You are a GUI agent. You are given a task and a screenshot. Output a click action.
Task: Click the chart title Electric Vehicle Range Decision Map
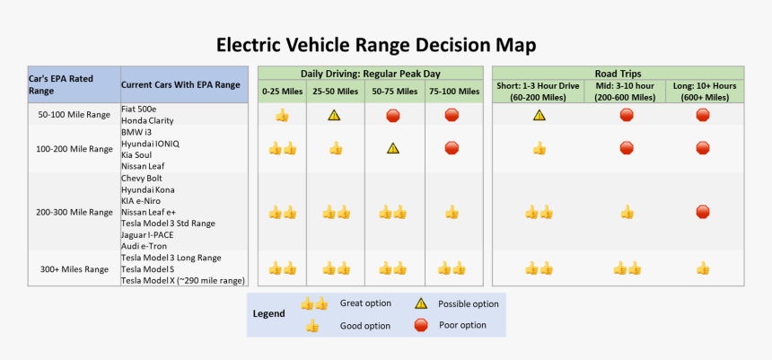tap(376, 45)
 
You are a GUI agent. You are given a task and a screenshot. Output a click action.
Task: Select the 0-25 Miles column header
tap(282, 92)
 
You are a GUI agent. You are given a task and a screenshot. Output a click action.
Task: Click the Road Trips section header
tap(618, 74)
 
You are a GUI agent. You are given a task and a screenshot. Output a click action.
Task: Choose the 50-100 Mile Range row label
tap(75, 115)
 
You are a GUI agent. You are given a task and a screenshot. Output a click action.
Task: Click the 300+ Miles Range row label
tap(75, 269)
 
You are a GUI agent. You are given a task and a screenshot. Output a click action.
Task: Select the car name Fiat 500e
tap(138, 109)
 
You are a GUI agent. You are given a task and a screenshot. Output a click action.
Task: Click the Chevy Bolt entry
tap(142, 179)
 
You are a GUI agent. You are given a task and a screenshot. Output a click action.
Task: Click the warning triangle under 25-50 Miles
tap(335, 116)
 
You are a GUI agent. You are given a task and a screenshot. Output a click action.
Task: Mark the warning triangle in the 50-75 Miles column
tap(393, 148)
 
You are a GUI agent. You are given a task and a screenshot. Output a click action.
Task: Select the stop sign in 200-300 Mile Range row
tap(703, 212)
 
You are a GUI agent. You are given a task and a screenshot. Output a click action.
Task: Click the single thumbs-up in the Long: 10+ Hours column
tap(703, 268)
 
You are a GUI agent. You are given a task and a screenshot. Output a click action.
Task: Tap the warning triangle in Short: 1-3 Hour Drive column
tap(540, 116)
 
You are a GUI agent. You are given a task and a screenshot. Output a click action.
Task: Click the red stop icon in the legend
tap(421, 326)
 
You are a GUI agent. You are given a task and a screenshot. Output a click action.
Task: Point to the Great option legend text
tap(365, 303)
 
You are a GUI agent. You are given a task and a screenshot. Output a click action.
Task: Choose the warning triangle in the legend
tap(421, 303)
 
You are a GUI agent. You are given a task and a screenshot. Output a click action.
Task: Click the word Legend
tap(268, 313)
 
